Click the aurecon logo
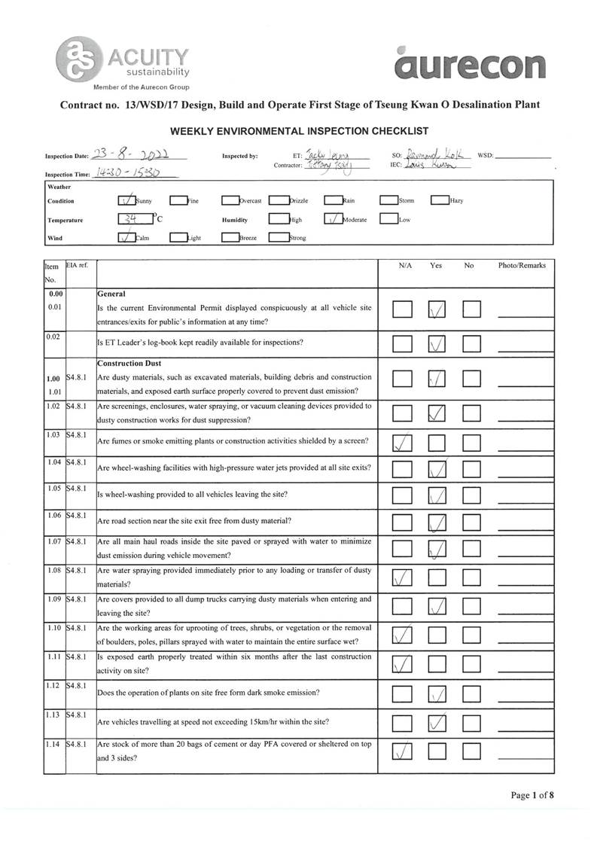[x=470, y=63]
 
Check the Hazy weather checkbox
[x=439, y=200]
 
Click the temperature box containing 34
[x=134, y=220]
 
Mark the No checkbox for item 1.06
[x=471, y=521]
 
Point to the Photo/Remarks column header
[x=522, y=266]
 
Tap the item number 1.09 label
[x=53, y=599]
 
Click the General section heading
[x=111, y=293]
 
